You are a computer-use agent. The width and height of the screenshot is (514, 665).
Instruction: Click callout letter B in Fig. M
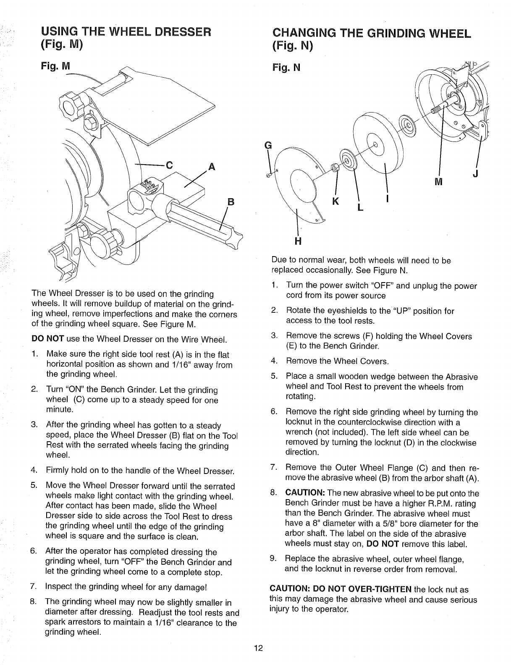pyautogui.click(x=230, y=201)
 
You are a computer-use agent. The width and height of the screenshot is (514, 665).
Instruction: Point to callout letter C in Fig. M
pyautogui.click(x=169, y=165)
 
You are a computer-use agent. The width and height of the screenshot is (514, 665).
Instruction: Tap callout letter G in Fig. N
pyautogui.click(x=267, y=146)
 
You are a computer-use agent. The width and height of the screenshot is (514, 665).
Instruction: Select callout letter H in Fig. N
pyautogui.click(x=299, y=241)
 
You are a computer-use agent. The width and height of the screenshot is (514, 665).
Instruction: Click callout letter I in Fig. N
pyautogui.click(x=387, y=199)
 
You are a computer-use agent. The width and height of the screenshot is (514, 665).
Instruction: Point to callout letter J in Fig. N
pyautogui.click(x=475, y=175)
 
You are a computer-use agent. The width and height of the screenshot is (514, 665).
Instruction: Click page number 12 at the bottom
pyautogui.click(x=258, y=648)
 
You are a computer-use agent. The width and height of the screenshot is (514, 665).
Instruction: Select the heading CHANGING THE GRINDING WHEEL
pyautogui.click(x=371, y=32)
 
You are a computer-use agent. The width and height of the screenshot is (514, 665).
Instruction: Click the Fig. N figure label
pyautogui.click(x=286, y=67)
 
